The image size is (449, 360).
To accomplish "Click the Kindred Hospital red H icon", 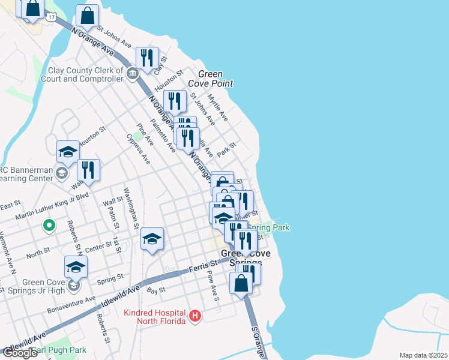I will pos(194,316).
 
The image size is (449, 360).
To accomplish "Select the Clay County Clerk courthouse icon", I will pos(133,73).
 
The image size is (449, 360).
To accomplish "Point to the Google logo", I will pos(19,353).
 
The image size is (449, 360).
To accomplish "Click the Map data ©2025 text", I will pos(423,355).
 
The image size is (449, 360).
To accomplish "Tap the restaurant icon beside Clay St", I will pos(147,58).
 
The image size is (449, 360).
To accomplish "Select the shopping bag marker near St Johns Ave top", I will pos(88,16).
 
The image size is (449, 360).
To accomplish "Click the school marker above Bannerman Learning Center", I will pos(68,152).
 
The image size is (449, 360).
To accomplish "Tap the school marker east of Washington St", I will pos(152,239).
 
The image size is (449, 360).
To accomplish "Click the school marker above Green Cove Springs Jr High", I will pos(76,267).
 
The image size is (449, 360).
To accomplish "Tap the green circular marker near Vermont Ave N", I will pos(49,226).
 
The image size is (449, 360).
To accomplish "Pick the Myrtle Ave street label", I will pos(217,107).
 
